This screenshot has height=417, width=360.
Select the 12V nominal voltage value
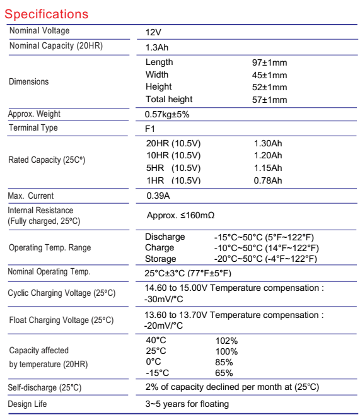point(154,32)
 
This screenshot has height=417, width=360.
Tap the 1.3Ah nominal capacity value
point(157,47)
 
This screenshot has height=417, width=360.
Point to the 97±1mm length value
point(269,63)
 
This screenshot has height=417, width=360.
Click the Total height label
point(169,99)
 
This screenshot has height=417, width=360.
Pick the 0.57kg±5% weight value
point(167,115)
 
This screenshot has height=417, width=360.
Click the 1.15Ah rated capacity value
point(267,168)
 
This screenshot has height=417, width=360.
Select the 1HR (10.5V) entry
point(173,180)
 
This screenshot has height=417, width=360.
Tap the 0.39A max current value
point(159,196)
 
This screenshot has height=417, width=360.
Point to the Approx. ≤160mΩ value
point(180,215)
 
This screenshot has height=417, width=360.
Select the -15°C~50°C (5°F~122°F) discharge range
point(264,237)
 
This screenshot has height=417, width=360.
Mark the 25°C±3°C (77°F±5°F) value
point(188,273)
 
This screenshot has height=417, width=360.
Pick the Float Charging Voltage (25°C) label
point(61,320)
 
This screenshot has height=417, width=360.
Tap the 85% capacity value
point(224,362)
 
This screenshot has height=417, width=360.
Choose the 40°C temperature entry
point(156,341)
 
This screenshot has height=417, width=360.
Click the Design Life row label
point(27,404)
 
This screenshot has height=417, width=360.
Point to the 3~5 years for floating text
point(187,404)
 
